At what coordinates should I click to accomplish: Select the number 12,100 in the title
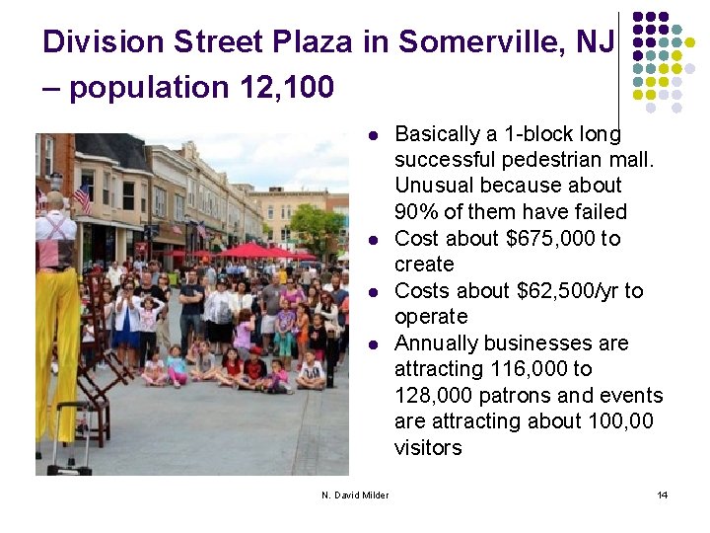click(x=286, y=88)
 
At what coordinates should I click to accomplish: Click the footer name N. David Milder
click(x=355, y=495)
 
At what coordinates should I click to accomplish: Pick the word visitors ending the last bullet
click(x=428, y=447)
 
